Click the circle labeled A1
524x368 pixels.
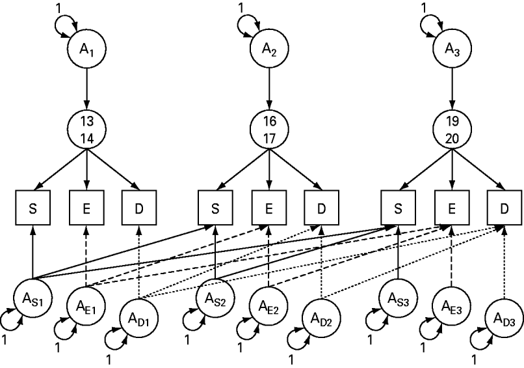86,48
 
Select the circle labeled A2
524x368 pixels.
269,48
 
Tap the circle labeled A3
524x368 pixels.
452,48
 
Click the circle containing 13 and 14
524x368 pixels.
86,127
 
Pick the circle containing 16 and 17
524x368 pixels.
269,127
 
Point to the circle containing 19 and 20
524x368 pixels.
452,127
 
